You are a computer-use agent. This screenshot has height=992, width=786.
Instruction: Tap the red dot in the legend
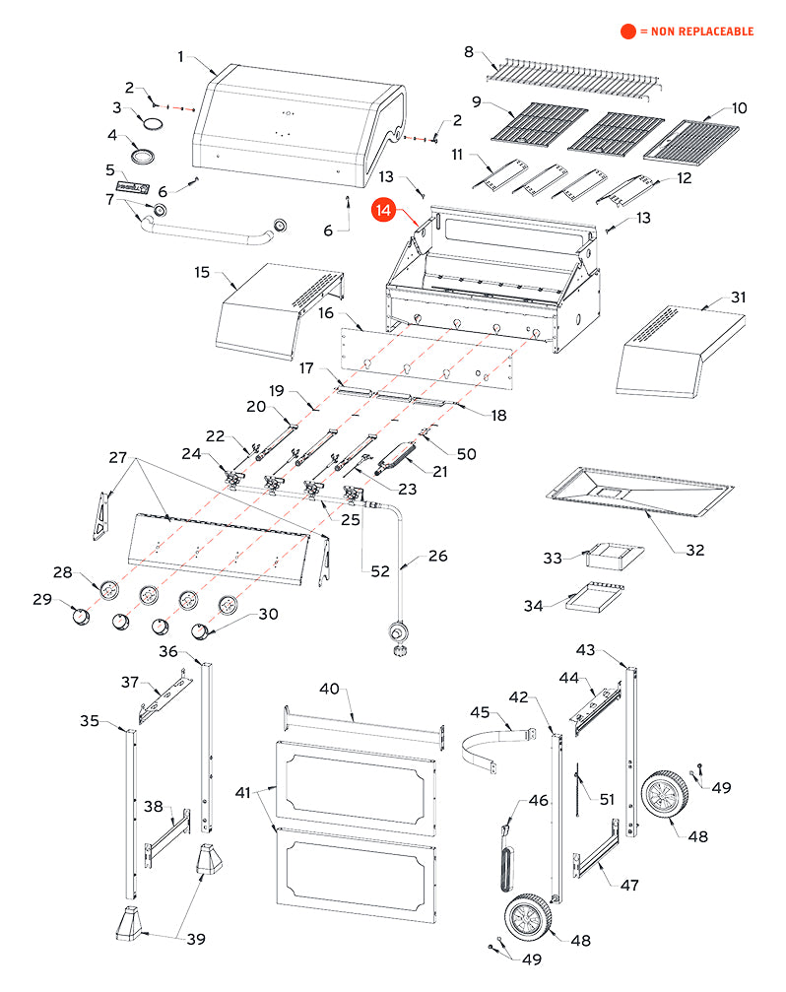(x=627, y=32)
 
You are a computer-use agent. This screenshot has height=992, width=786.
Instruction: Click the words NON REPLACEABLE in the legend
(x=701, y=32)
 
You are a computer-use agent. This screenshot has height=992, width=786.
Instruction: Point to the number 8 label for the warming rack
(x=469, y=51)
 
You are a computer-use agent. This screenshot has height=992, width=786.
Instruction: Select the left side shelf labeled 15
(x=276, y=310)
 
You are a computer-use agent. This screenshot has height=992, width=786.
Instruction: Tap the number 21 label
(x=439, y=472)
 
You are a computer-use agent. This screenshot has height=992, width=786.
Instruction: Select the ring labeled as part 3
(x=155, y=122)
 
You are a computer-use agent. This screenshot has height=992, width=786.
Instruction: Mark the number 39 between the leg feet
(x=196, y=939)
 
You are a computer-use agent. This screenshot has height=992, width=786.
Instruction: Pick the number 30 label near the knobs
(x=268, y=614)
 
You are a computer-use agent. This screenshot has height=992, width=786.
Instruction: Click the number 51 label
(x=606, y=800)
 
